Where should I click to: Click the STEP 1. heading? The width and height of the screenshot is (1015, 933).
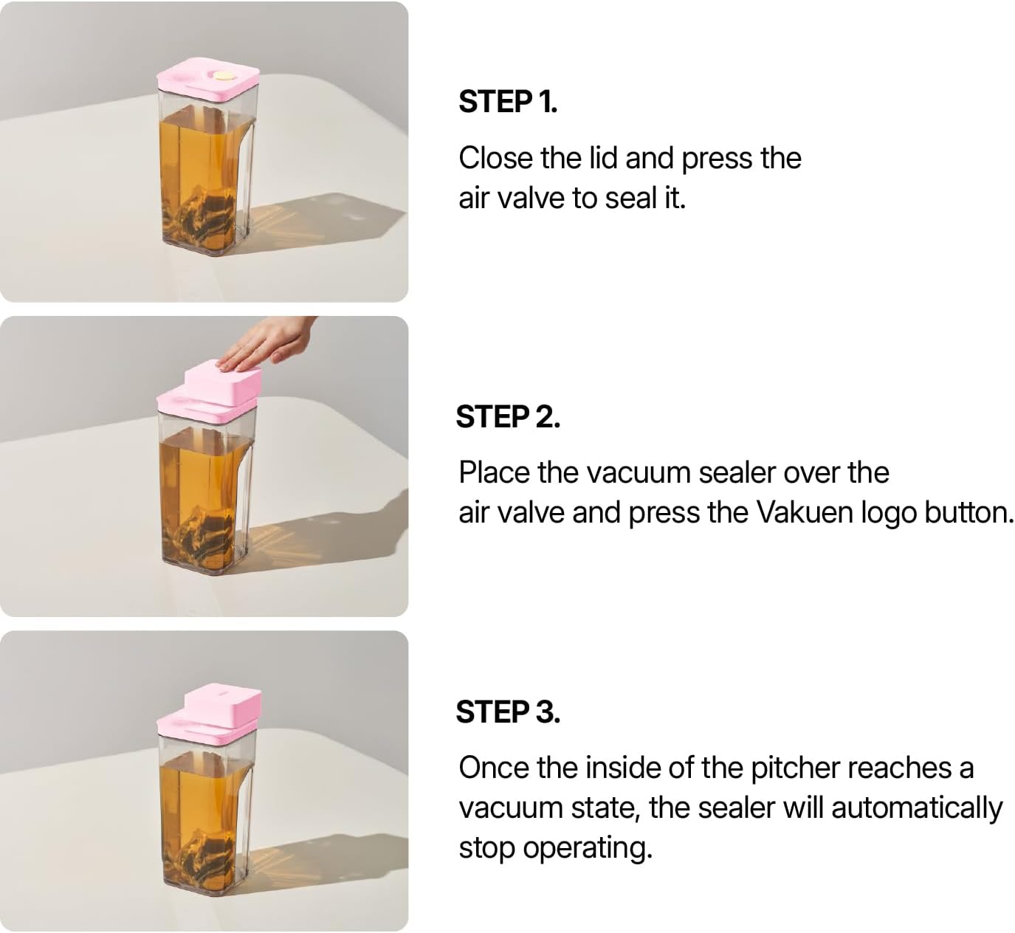coord(507,102)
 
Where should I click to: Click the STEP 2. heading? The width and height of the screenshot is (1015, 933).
coord(507,417)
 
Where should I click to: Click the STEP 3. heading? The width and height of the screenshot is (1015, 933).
coord(507,712)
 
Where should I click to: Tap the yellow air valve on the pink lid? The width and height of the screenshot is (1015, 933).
coord(222,75)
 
